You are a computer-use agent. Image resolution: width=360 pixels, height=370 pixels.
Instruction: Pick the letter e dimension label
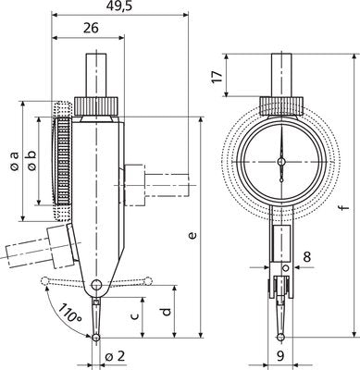coord(192,237)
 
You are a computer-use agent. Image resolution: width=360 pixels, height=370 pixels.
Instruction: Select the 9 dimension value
coord(279,354)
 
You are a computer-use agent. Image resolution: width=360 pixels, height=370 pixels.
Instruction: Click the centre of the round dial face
coord(279,161)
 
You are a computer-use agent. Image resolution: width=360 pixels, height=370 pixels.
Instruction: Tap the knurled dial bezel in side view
coord(64,161)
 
